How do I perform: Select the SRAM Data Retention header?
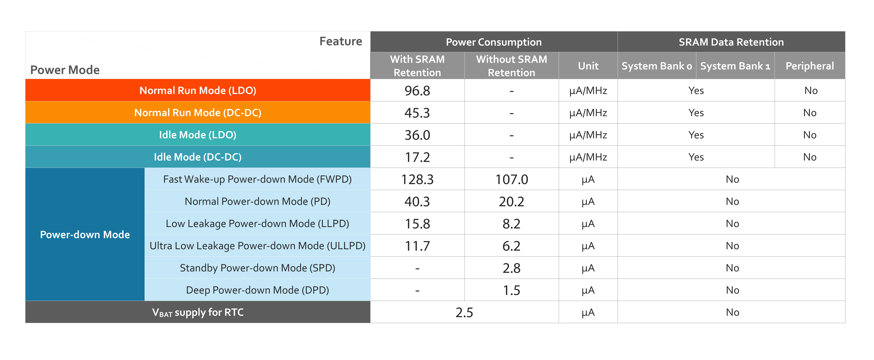[x=731, y=42]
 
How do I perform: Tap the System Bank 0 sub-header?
[x=657, y=66]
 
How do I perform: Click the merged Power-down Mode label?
[x=85, y=234]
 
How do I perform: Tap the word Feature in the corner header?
[x=341, y=41]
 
